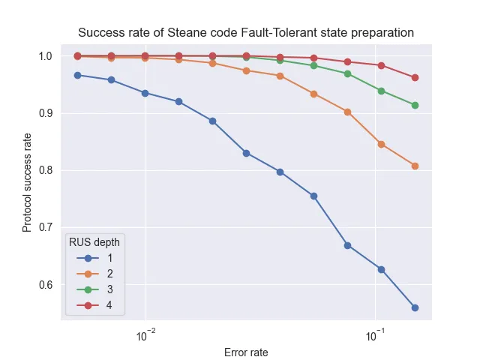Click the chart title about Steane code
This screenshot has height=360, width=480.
pos(246,32)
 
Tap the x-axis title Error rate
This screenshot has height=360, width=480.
pos(246,352)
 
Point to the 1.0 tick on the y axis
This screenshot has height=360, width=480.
pos(44,56)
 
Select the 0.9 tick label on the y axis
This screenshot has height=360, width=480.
pos(44,113)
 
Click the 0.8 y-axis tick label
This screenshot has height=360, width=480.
pos(44,170)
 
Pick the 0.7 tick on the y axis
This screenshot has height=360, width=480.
pos(44,227)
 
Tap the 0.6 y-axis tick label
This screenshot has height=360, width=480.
pos(44,284)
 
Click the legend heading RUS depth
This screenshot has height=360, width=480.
pos(94,241)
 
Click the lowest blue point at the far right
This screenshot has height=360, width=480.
pos(415,307)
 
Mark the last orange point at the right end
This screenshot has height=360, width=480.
pos(415,166)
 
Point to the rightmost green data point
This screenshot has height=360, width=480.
pos(415,105)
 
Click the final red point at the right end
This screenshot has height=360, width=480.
pos(415,77)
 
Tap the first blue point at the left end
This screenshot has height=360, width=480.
pos(77,75)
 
